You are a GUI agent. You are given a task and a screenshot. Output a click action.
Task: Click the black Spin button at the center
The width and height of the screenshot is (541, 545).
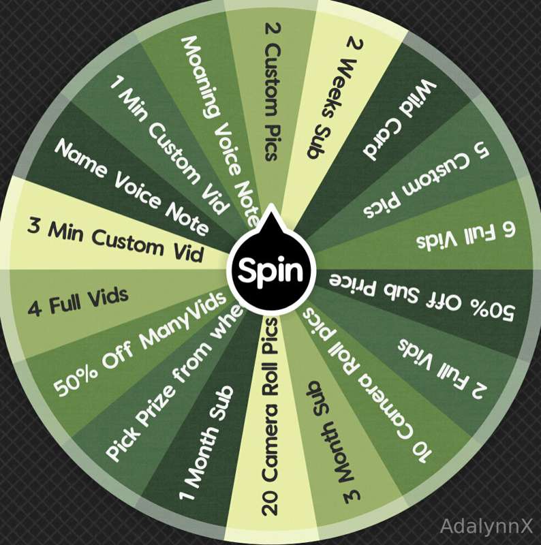(271, 270)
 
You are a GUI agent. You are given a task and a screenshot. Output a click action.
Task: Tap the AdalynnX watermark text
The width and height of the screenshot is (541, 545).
(486, 525)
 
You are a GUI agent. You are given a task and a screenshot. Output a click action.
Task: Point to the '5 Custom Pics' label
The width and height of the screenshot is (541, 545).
(427, 181)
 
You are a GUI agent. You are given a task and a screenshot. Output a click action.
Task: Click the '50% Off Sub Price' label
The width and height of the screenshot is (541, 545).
(421, 296)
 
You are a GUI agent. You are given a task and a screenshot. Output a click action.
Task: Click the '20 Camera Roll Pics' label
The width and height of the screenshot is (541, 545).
(270, 416)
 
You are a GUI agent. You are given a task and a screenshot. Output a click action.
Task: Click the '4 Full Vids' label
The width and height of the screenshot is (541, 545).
(78, 302)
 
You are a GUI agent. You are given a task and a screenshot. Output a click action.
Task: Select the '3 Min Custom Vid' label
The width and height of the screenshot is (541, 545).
(115, 240)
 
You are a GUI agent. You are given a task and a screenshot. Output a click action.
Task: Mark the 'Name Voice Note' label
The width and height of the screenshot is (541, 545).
(132, 186)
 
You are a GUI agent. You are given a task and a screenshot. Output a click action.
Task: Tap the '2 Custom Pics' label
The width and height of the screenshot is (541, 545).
(273, 91)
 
